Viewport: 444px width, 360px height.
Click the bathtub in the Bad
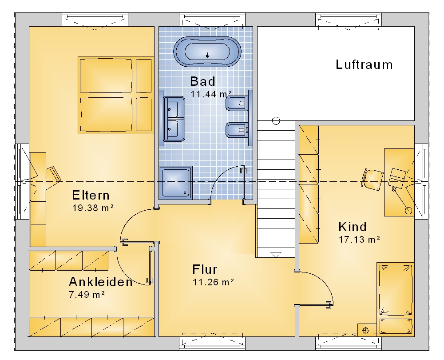click(x=207, y=52)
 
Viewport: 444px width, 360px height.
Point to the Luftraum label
click(x=364, y=64)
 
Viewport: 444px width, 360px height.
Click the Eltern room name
click(x=91, y=195)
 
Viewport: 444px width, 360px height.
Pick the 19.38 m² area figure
click(x=93, y=208)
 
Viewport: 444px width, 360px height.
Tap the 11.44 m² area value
click(x=211, y=94)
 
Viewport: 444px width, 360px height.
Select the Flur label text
click(x=205, y=269)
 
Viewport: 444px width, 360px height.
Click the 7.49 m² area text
click(x=87, y=294)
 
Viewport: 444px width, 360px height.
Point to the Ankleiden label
click(x=100, y=282)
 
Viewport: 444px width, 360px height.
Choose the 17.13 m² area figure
click(x=359, y=240)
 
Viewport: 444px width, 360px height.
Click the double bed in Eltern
click(x=116, y=95)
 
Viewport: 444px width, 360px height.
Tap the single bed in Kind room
click(x=395, y=299)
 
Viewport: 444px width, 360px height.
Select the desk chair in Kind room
click(x=373, y=180)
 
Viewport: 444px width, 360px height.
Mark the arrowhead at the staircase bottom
click(x=276, y=255)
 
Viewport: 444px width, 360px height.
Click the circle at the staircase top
click(x=276, y=121)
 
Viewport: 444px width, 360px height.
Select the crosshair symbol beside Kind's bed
click(x=365, y=331)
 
